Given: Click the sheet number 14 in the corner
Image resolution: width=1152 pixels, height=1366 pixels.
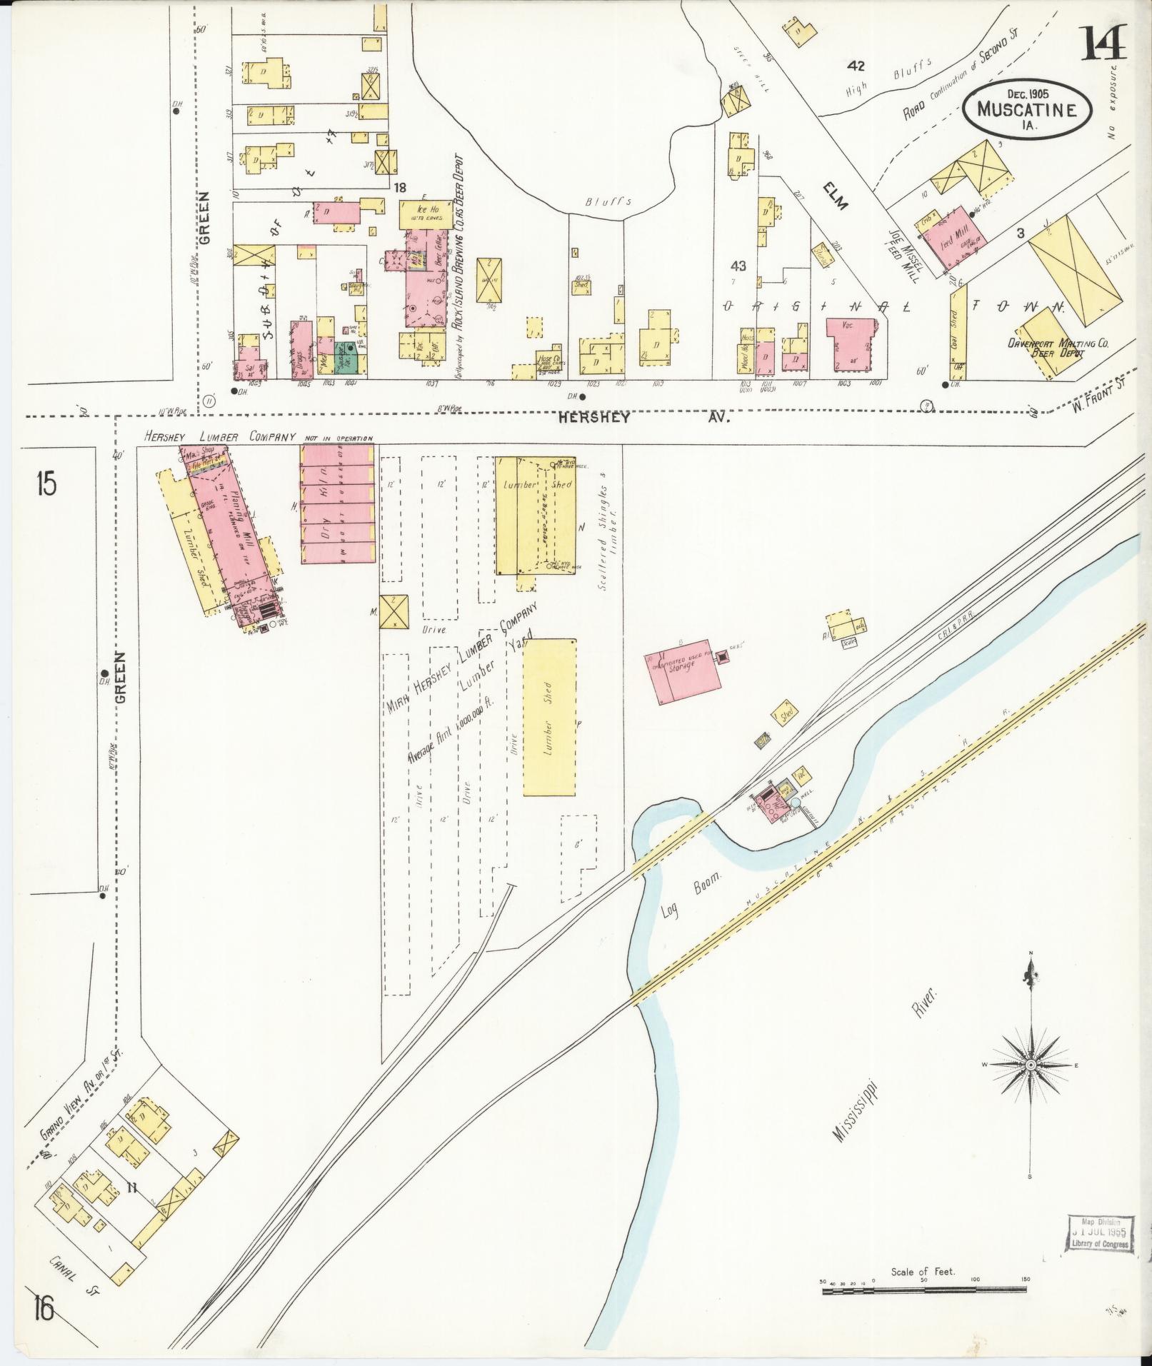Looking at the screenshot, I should point(1104,44).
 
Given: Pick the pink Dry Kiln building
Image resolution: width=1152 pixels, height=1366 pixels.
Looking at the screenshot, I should point(336,504).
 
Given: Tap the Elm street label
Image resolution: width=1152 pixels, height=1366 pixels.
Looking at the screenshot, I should point(833,196).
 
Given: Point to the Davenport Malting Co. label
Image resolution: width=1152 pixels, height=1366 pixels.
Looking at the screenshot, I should point(1057,348).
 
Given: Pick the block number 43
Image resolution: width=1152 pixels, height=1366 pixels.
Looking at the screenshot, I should point(738,266).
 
